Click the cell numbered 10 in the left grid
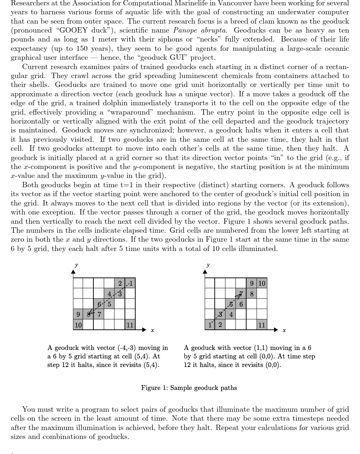pyautogui.click(x=78, y=325)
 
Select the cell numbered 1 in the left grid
pyautogui.click(x=130, y=284)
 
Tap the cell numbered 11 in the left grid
pyautogui.click(x=130, y=325)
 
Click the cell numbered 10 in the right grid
pyautogui.click(x=262, y=284)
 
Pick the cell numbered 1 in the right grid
pyautogui.click(x=210, y=325)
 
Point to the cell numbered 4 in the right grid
pyautogui.click(x=231, y=315)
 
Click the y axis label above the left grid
pyautogui.click(x=76, y=265)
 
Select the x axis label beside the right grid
pyautogui.click(x=284, y=330)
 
